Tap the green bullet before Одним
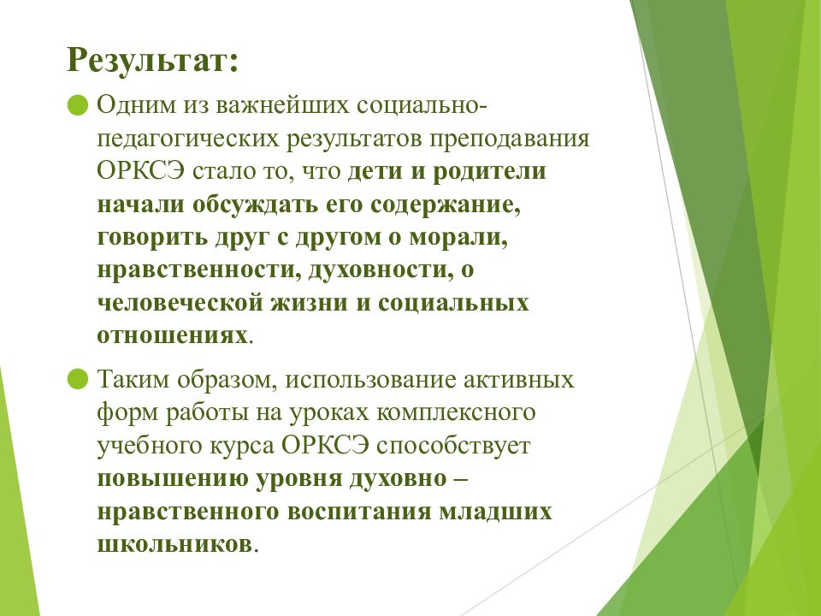tap(78, 104)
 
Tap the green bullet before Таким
tap(78, 379)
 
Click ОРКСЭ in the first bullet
tap(140, 171)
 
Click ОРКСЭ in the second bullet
tap(325, 445)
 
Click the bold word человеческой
tap(180, 303)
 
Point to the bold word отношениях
tap(172, 335)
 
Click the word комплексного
tap(456, 412)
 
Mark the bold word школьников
tap(174, 544)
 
